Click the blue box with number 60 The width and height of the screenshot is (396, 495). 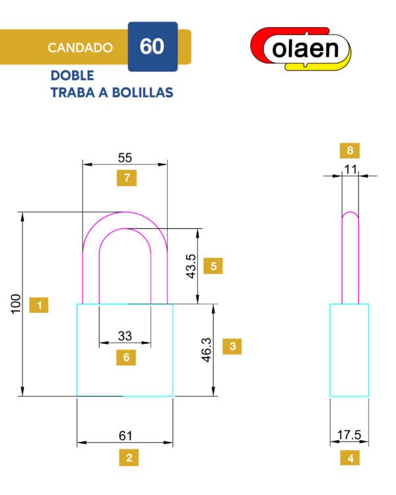(153, 47)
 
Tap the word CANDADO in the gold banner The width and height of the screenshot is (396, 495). (81, 48)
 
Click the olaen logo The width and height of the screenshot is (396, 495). (301, 49)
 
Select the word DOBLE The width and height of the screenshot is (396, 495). (73, 75)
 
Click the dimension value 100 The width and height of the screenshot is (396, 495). (16, 304)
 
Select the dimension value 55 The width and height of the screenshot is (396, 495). (125, 158)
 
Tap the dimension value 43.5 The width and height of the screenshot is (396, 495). (191, 266)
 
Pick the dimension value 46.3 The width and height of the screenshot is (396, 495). (207, 349)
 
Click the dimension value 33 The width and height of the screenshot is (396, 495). (125, 336)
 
